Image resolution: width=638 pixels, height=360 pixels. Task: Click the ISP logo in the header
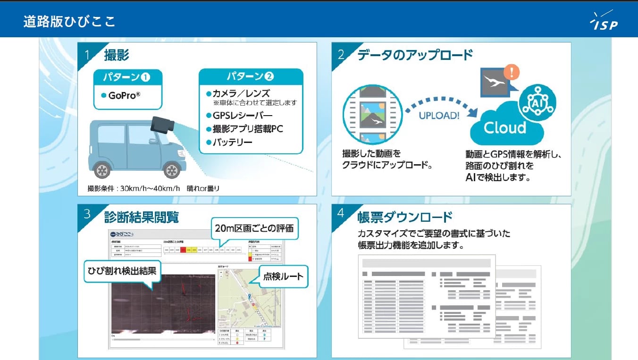coord(604,21)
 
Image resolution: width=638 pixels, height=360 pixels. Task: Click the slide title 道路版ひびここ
coord(69,22)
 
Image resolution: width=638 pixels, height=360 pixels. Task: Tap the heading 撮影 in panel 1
coord(117,55)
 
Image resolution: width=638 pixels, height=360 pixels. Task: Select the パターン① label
coord(128,77)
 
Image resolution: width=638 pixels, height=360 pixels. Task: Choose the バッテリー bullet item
coord(232,142)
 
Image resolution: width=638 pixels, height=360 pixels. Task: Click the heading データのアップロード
coord(414,55)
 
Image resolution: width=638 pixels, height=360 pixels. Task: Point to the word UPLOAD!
coord(438,116)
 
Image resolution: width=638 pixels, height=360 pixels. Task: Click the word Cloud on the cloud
coord(504,128)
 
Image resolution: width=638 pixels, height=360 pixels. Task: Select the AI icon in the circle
coord(537,103)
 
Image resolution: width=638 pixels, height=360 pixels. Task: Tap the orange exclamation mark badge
coord(512,72)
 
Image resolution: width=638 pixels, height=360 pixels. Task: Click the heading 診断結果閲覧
coord(141,217)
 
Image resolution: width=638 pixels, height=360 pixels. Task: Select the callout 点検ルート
coord(283,277)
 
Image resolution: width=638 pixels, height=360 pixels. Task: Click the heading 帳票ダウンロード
coord(405,217)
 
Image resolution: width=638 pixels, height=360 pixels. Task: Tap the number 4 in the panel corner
coord(341,213)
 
